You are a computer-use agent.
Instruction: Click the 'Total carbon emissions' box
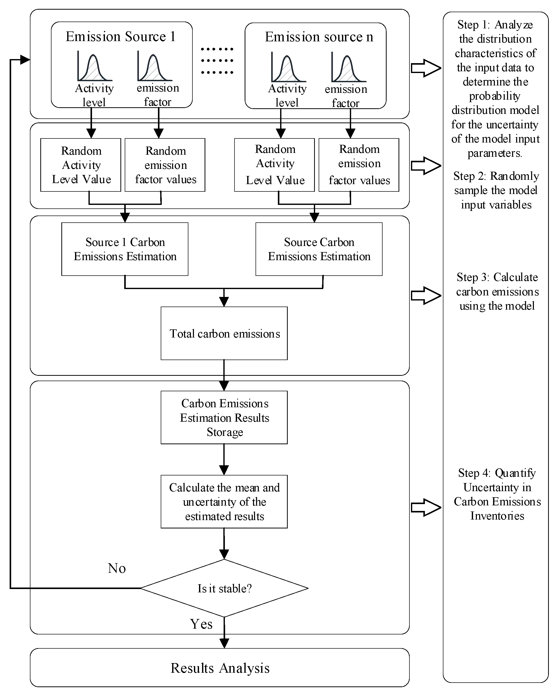tap(224, 333)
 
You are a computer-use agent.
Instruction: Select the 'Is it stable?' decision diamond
tap(224, 588)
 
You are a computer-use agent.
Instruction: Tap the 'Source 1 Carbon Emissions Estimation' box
tap(125, 249)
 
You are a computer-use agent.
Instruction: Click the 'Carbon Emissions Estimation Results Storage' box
tap(224, 417)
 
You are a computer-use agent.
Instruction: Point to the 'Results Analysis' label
tap(220, 668)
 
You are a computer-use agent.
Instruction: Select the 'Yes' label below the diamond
tap(201, 624)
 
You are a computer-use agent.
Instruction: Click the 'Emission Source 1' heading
tap(121, 37)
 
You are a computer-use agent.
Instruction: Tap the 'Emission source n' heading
tap(319, 37)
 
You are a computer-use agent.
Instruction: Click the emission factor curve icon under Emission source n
tap(348, 68)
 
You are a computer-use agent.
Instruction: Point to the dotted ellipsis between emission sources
tap(217, 61)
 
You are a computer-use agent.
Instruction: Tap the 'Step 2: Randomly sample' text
tap(496, 190)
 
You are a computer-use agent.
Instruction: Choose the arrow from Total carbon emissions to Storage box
tap(224, 375)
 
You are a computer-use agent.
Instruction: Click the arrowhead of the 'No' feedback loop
tap(25, 60)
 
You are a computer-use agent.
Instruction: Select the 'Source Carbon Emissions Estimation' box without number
tap(319, 249)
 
